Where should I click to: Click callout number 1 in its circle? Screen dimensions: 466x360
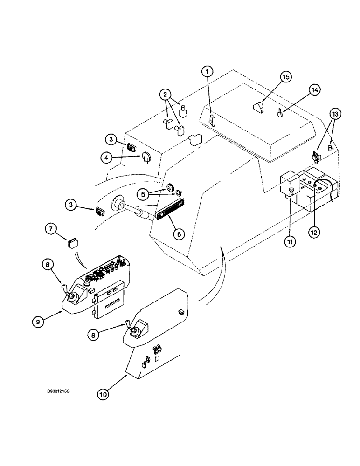(x=207, y=72)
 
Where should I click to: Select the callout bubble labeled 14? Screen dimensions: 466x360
(x=314, y=90)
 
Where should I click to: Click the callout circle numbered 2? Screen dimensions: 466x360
(x=165, y=94)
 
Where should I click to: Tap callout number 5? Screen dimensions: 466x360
(x=144, y=192)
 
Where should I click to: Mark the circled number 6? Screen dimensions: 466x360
(x=177, y=234)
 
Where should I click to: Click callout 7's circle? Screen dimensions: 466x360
(x=52, y=229)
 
